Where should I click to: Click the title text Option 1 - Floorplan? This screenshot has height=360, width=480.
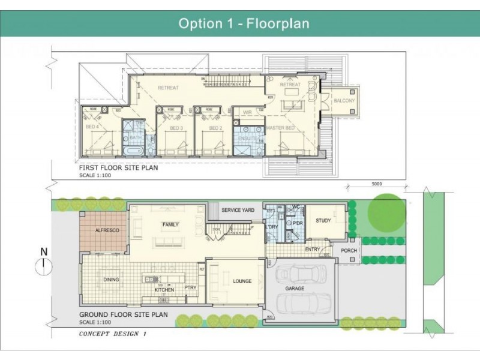(x=244, y=23)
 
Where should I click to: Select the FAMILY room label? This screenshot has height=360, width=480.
(x=171, y=224)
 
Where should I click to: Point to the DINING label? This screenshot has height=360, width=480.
(x=111, y=280)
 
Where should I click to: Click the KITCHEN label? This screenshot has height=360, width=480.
(x=164, y=290)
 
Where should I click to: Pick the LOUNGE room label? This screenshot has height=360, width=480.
(x=242, y=281)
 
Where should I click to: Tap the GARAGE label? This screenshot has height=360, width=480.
(x=295, y=289)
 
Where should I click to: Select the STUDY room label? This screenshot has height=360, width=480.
(x=323, y=221)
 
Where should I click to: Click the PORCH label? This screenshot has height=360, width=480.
(x=349, y=251)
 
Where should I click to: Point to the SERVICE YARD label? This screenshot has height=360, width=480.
(x=239, y=210)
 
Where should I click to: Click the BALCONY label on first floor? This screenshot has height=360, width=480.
(x=344, y=101)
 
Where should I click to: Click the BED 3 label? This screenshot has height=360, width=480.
(x=176, y=128)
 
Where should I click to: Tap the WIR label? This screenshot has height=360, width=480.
(x=247, y=112)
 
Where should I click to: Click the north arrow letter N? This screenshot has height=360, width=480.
(x=43, y=251)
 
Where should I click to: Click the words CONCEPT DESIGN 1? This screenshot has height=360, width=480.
(x=112, y=334)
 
